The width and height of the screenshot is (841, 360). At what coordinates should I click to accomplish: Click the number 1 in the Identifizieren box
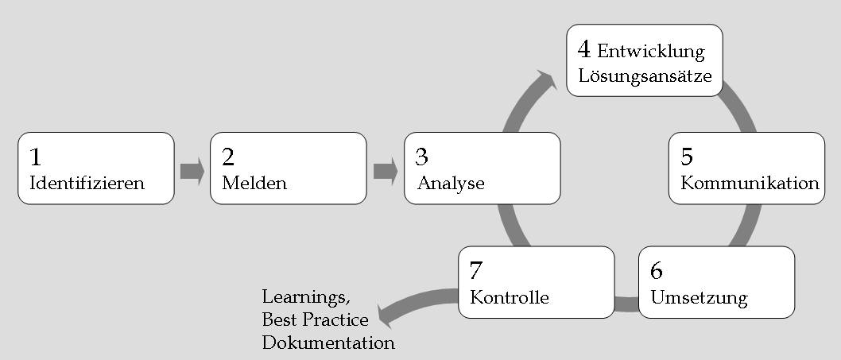click(x=36, y=157)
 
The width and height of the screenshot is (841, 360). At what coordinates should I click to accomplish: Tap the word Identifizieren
click(x=87, y=183)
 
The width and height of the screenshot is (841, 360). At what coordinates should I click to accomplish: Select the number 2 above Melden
click(x=228, y=157)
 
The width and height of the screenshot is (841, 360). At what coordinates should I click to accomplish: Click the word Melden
click(x=254, y=183)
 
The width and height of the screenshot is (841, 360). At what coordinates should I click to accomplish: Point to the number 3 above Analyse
click(x=421, y=157)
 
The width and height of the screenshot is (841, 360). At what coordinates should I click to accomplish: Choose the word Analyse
click(x=451, y=184)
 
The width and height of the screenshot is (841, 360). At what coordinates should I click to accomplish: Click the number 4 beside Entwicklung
click(x=584, y=49)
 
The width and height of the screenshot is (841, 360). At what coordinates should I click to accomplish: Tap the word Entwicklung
click(x=650, y=52)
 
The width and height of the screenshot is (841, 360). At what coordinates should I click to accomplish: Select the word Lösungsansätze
click(x=645, y=75)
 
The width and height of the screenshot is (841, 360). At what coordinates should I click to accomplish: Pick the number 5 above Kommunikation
click(x=687, y=157)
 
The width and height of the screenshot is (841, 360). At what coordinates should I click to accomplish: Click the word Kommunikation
click(x=750, y=183)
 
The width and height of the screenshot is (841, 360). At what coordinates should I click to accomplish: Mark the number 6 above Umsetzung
click(x=656, y=271)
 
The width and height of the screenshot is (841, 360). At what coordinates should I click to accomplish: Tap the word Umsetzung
click(x=699, y=298)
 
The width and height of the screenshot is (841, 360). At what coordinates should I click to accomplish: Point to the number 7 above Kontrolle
click(x=475, y=271)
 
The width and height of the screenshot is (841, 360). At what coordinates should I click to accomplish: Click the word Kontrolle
click(x=510, y=297)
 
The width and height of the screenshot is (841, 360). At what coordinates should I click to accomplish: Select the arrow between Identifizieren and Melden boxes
click(x=192, y=171)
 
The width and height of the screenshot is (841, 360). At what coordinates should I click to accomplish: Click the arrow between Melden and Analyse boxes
click(x=386, y=171)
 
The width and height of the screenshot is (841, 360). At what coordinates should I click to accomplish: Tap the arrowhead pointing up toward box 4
click(x=545, y=79)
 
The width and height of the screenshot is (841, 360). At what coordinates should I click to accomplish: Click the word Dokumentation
click(x=328, y=343)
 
